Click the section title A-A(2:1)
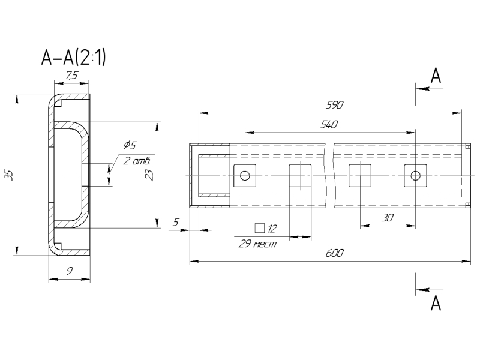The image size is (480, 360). pos(73,58)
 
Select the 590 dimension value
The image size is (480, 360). pos(334,105)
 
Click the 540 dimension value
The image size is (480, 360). pos(329,125)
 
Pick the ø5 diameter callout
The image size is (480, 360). pos(130,145)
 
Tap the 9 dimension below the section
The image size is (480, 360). pos(70,271)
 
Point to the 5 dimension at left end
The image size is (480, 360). pos(176,222)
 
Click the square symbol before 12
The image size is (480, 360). pos(259,228)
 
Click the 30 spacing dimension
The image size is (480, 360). pos(388,218)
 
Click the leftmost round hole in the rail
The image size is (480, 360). pos(245,175)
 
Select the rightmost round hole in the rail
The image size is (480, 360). pos(415,175)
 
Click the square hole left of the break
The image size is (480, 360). pos(300,175)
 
